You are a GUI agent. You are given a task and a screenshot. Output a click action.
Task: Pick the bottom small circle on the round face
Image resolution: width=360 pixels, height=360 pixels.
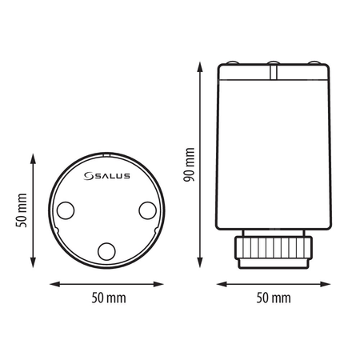[106, 252]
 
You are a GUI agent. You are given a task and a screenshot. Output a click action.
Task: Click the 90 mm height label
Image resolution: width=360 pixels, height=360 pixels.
[188, 165]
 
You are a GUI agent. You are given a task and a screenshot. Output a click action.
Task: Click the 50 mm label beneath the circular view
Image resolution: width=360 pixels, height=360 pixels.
[107, 297]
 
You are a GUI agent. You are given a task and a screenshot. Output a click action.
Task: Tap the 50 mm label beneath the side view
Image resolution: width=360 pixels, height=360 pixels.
[274, 297]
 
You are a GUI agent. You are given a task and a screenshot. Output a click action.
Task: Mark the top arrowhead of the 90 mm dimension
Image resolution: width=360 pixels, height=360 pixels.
[200, 65]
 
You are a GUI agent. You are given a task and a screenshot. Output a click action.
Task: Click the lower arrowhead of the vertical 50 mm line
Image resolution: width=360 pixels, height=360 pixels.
[34, 266]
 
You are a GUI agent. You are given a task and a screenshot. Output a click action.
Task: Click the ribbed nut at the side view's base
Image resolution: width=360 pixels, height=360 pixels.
[274, 250]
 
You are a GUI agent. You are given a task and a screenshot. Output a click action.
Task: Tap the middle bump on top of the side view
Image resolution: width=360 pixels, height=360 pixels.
[273, 62]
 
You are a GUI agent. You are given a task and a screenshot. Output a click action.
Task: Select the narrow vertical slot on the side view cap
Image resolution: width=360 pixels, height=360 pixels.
[273, 74]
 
